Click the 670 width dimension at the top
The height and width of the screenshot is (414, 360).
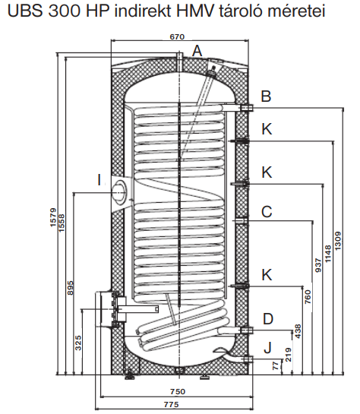tap(177, 36)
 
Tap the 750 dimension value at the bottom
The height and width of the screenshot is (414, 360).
tap(178, 391)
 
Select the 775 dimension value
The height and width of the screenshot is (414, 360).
tap(172, 404)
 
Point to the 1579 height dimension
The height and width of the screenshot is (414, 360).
tap(53, 217)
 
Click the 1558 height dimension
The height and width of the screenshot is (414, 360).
tap(62, 223)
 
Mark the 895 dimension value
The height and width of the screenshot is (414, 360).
tap(70, 288)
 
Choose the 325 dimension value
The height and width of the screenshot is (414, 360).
tap(78, 343)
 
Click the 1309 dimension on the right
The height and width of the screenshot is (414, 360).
tap(338, 241)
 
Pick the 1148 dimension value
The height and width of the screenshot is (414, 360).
tap(328, 254)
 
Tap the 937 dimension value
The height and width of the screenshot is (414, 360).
tap(318, 265)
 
